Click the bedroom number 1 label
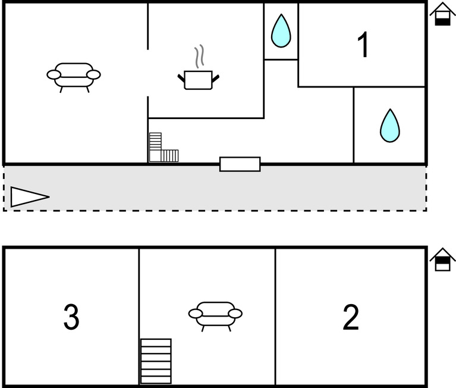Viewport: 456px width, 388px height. tap(363, 46)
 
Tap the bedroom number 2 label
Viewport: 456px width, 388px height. tap(351, 317)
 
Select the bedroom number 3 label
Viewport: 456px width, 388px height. tap(71, 317)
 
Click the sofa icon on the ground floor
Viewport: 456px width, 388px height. tap(74, 75)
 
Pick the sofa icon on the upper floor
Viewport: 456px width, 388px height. tap(215, 314)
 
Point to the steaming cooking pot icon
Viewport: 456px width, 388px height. tap(199, 79)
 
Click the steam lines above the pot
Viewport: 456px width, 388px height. tap(201, 56)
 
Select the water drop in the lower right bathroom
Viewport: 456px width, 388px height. tap(389, 126)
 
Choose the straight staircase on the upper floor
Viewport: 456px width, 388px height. tap(156, 361)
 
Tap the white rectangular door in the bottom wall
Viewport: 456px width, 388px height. tap(240, 164)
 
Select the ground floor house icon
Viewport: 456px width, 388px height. tap(442, 14)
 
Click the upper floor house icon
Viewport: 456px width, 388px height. tap(442, 259)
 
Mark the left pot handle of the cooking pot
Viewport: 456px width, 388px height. tap(181, 77)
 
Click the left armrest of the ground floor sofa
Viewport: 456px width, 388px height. tap(54, 74)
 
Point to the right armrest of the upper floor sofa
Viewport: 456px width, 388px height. tap(235, 314)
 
